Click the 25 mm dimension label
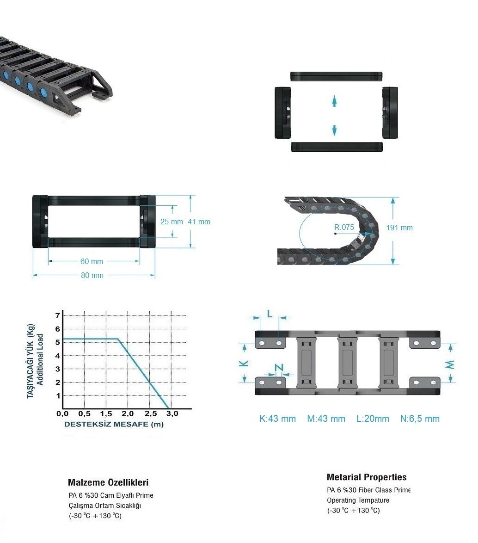[172, 222]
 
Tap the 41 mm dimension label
[199, 222]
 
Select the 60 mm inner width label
[92, 261]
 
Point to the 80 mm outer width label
[92, 275]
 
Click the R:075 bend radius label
[344, 227]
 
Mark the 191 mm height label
[399, 228]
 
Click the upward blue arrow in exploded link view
[334, 101]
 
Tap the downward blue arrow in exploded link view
[334, 130]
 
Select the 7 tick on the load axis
[58, 315]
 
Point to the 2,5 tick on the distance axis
[151, 413]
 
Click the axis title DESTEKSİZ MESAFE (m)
[114, 424]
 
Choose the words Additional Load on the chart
[40, 359]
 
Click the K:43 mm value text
[277, 419]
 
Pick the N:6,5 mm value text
[420, 419]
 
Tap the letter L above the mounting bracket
[270, 314]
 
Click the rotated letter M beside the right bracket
[450, 364]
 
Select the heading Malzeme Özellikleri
[108, 482]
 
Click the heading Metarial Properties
[367, 477]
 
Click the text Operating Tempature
[358, 500]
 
